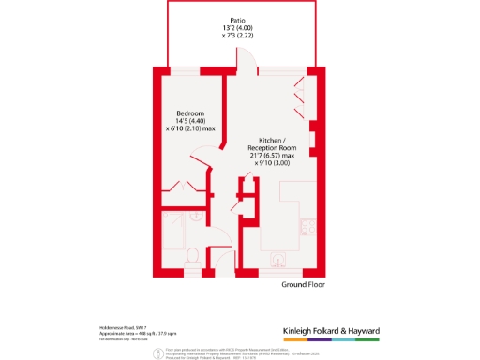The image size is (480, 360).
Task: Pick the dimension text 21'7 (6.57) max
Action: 272,157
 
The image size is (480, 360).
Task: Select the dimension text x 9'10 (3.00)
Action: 272,164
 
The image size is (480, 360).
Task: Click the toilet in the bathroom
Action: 191,254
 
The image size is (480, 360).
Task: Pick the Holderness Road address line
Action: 124,326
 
